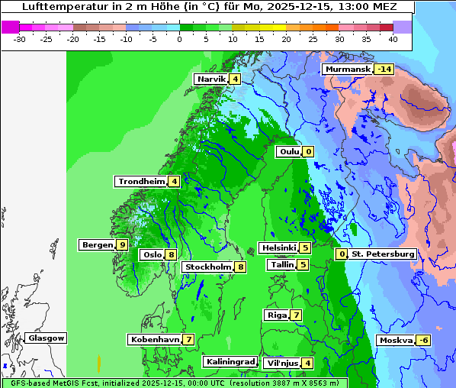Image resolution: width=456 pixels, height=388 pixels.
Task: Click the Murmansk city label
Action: pyautogui.click(x=348, y=69)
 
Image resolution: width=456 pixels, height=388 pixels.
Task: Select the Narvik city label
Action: pyautogui.click(x=211, y=79)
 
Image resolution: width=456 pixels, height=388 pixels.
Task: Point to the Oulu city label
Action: pyautogui.click(x=289, y=151)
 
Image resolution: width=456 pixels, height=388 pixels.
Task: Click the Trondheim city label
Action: pyautogui.click(x=141, y=181)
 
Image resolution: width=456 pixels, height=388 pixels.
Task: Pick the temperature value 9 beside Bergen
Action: pyautogui.click(x=122, y=244)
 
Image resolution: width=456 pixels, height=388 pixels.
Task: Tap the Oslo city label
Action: pyautogui.click(x=152, y=254)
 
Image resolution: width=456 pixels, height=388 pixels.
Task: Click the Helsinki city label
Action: pyautogui.click(x=278, y=247)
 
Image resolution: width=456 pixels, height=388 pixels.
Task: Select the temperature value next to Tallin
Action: pyautogui.click(x=303, y=264)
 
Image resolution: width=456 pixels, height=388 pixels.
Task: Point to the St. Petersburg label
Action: pyautogui.click(x=383, y=254)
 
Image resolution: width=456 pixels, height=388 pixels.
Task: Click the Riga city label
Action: pyautogui.click(x=276, y=315)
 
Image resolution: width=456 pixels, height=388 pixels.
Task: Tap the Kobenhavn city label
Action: pyautogui.click(x=155, y=339)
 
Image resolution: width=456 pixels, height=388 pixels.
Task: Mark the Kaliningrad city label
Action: pyautogui.click(x=230, y=361)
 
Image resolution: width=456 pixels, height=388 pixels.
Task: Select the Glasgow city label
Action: pyautogui.click(x=47, y=338)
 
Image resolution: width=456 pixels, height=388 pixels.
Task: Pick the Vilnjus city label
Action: pyautogui.click(x=281, y=363)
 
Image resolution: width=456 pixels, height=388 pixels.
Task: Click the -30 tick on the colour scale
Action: pyautogui.click(x=20, y=38)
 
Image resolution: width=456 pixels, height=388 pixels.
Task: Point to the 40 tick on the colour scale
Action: pyautogui.click(x=393, y=38)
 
